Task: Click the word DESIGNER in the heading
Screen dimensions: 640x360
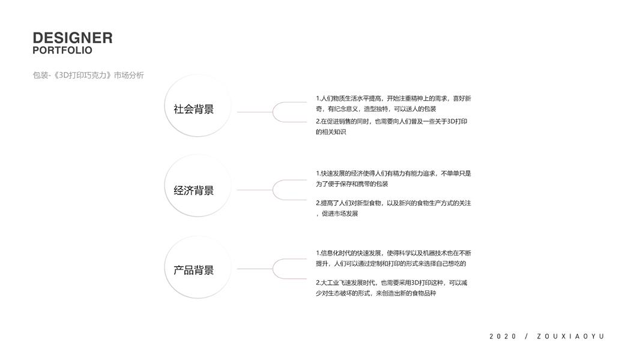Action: (x=73, y=38)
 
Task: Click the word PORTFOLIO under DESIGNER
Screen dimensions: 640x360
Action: (x=62, y=50)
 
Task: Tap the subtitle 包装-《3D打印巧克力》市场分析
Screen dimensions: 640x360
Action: (x=88, y=76)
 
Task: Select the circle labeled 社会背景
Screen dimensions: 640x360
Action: (x=194, y=109)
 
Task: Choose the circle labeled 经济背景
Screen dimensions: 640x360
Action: (x=194, y=190)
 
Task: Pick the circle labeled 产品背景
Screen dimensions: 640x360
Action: (x=194, y=270)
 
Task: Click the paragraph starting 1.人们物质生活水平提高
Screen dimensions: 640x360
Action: (x=393, y=103)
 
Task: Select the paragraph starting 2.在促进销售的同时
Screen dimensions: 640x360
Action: (x=391, y=127)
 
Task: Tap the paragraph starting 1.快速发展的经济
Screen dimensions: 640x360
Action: (x=393, y=178)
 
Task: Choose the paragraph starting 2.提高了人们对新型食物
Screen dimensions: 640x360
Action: (x=393, y=208)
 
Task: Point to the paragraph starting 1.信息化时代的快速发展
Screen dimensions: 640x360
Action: (x=393, y=258)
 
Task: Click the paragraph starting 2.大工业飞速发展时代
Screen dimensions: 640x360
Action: (x=391, y=287)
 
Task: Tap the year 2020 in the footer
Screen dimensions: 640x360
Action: (x=503, y=337)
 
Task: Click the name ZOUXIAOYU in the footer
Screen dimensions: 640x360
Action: (x=570, y=337)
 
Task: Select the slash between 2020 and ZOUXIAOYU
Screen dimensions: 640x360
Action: (x=527, y=337)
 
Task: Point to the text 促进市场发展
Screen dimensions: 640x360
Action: (x=340, y=214)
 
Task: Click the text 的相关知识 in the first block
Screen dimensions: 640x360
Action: (x=331, y=132)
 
